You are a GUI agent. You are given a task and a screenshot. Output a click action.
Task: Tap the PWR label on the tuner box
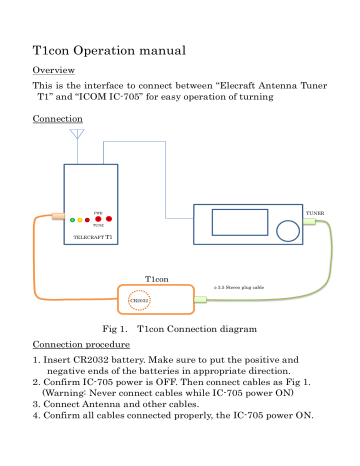pos(97,212)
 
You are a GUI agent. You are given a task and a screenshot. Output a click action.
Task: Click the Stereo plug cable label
pos(239,287)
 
